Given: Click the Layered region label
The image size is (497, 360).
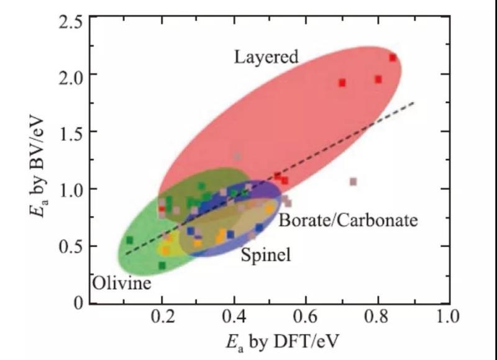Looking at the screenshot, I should pos(266,57).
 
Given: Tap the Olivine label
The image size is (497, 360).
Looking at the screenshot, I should pos(122,284).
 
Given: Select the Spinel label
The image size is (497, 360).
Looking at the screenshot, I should pos(265,254).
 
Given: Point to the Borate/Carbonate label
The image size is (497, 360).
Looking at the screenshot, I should pos(348,220).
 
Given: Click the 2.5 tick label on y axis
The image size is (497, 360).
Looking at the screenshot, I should pos(70,22).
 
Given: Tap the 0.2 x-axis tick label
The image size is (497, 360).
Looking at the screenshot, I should pos(163,317).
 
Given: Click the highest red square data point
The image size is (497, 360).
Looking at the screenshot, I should pos(393,58).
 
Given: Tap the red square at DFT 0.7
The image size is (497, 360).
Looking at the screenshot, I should pos(342,83).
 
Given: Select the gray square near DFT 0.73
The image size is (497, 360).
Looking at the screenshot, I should pos(353,182).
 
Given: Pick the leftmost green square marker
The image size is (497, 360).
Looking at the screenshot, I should pos(130,240).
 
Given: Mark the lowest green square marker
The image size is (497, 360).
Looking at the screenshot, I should pos(162,266).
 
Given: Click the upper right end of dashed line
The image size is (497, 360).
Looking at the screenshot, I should pos(414,102).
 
